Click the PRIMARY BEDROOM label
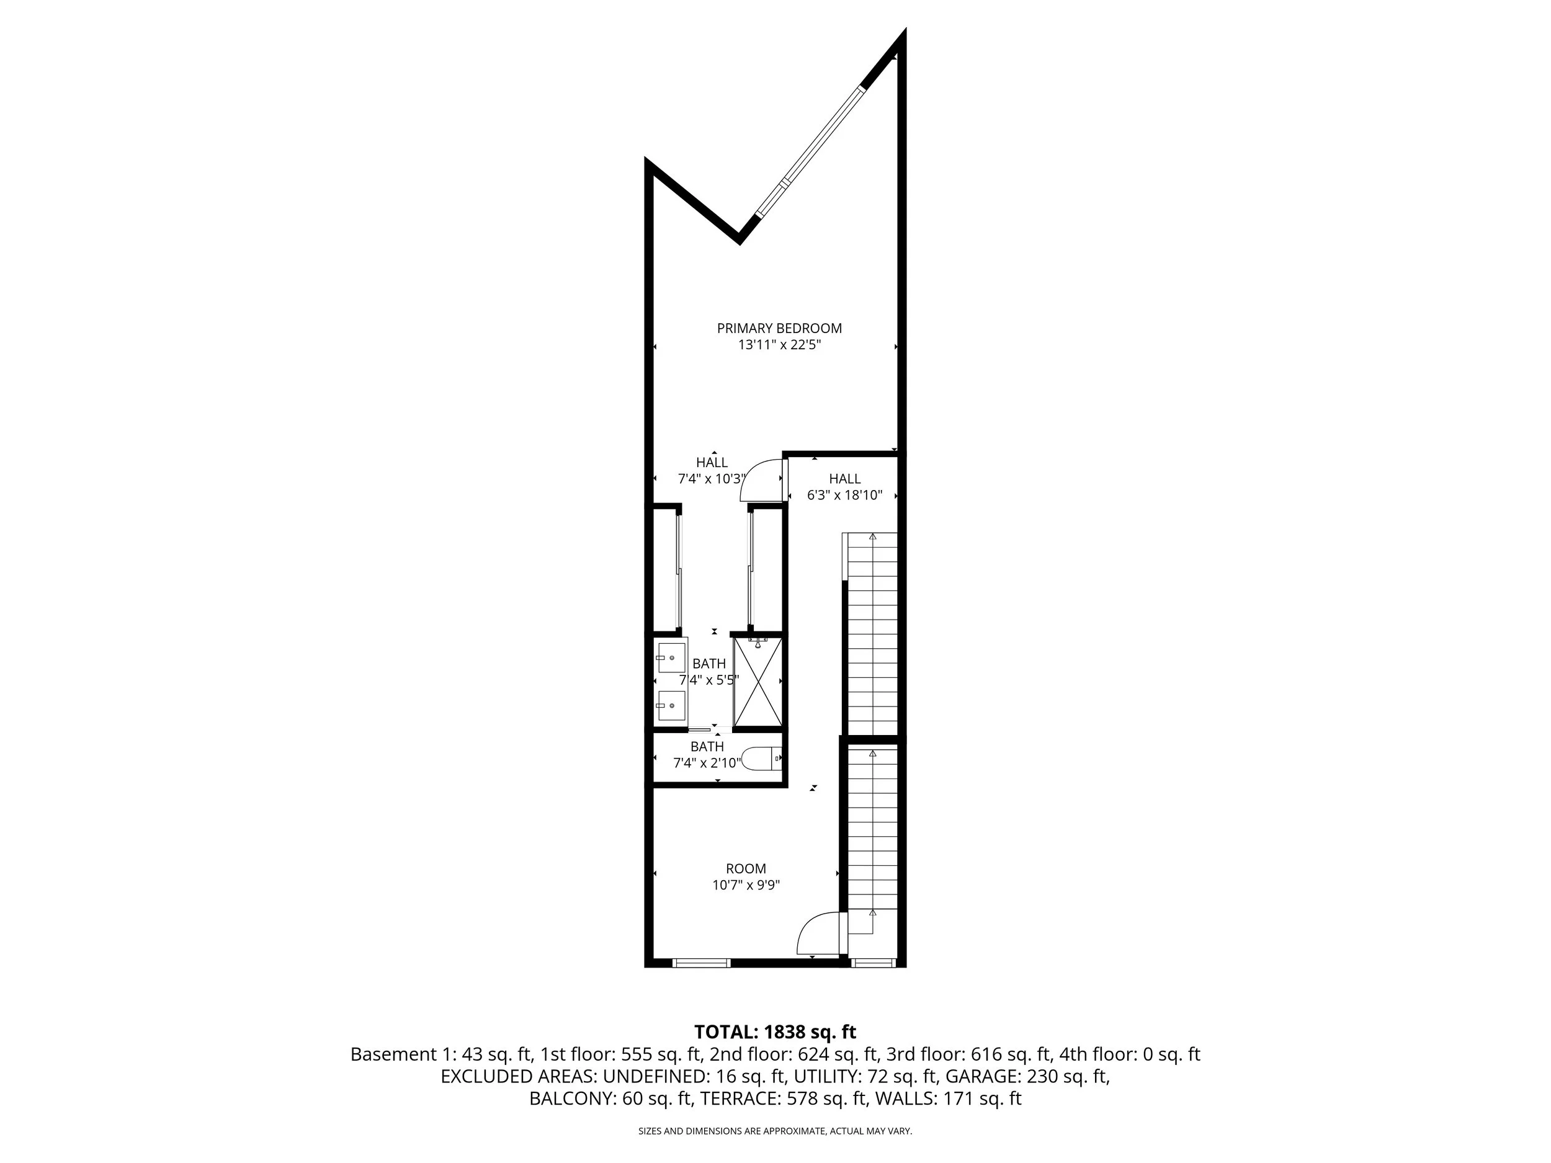[779, 328]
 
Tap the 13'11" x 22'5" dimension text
[779, 345]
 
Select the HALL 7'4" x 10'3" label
[712, 470]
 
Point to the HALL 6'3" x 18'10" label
[844, 486]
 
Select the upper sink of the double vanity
[671, 657]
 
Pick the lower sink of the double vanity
[671, 705]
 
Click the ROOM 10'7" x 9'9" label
[746, 876]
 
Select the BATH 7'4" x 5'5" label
[709, 671]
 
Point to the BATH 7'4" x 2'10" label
[707, 754]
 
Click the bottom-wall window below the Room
[701, 963]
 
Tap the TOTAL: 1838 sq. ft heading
[775, 1032]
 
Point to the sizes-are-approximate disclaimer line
[775, 1131]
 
